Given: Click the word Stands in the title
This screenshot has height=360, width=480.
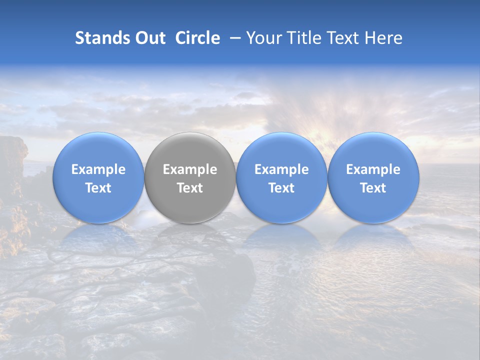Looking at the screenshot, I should coord(101,38).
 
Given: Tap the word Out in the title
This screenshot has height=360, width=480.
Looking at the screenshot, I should coord(149,38).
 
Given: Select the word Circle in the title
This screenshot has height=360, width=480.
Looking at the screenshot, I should coord(197,38).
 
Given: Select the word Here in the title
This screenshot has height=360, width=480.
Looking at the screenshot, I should coord(384,38).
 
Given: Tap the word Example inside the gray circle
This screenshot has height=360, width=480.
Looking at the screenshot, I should coord(190,169).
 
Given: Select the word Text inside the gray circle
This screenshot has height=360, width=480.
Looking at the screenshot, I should coord(190,188).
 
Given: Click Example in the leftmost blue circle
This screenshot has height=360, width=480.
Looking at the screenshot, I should coord(98,169).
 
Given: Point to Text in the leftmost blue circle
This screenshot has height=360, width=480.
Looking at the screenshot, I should coord(98,188).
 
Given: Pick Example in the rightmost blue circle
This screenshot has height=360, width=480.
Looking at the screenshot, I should coord(373,169).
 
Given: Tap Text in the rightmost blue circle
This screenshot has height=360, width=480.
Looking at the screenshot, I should coord(373,188).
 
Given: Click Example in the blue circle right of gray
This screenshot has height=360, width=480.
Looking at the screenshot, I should coord(281,169).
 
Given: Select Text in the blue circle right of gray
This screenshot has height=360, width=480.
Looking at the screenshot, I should coord(281,188).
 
